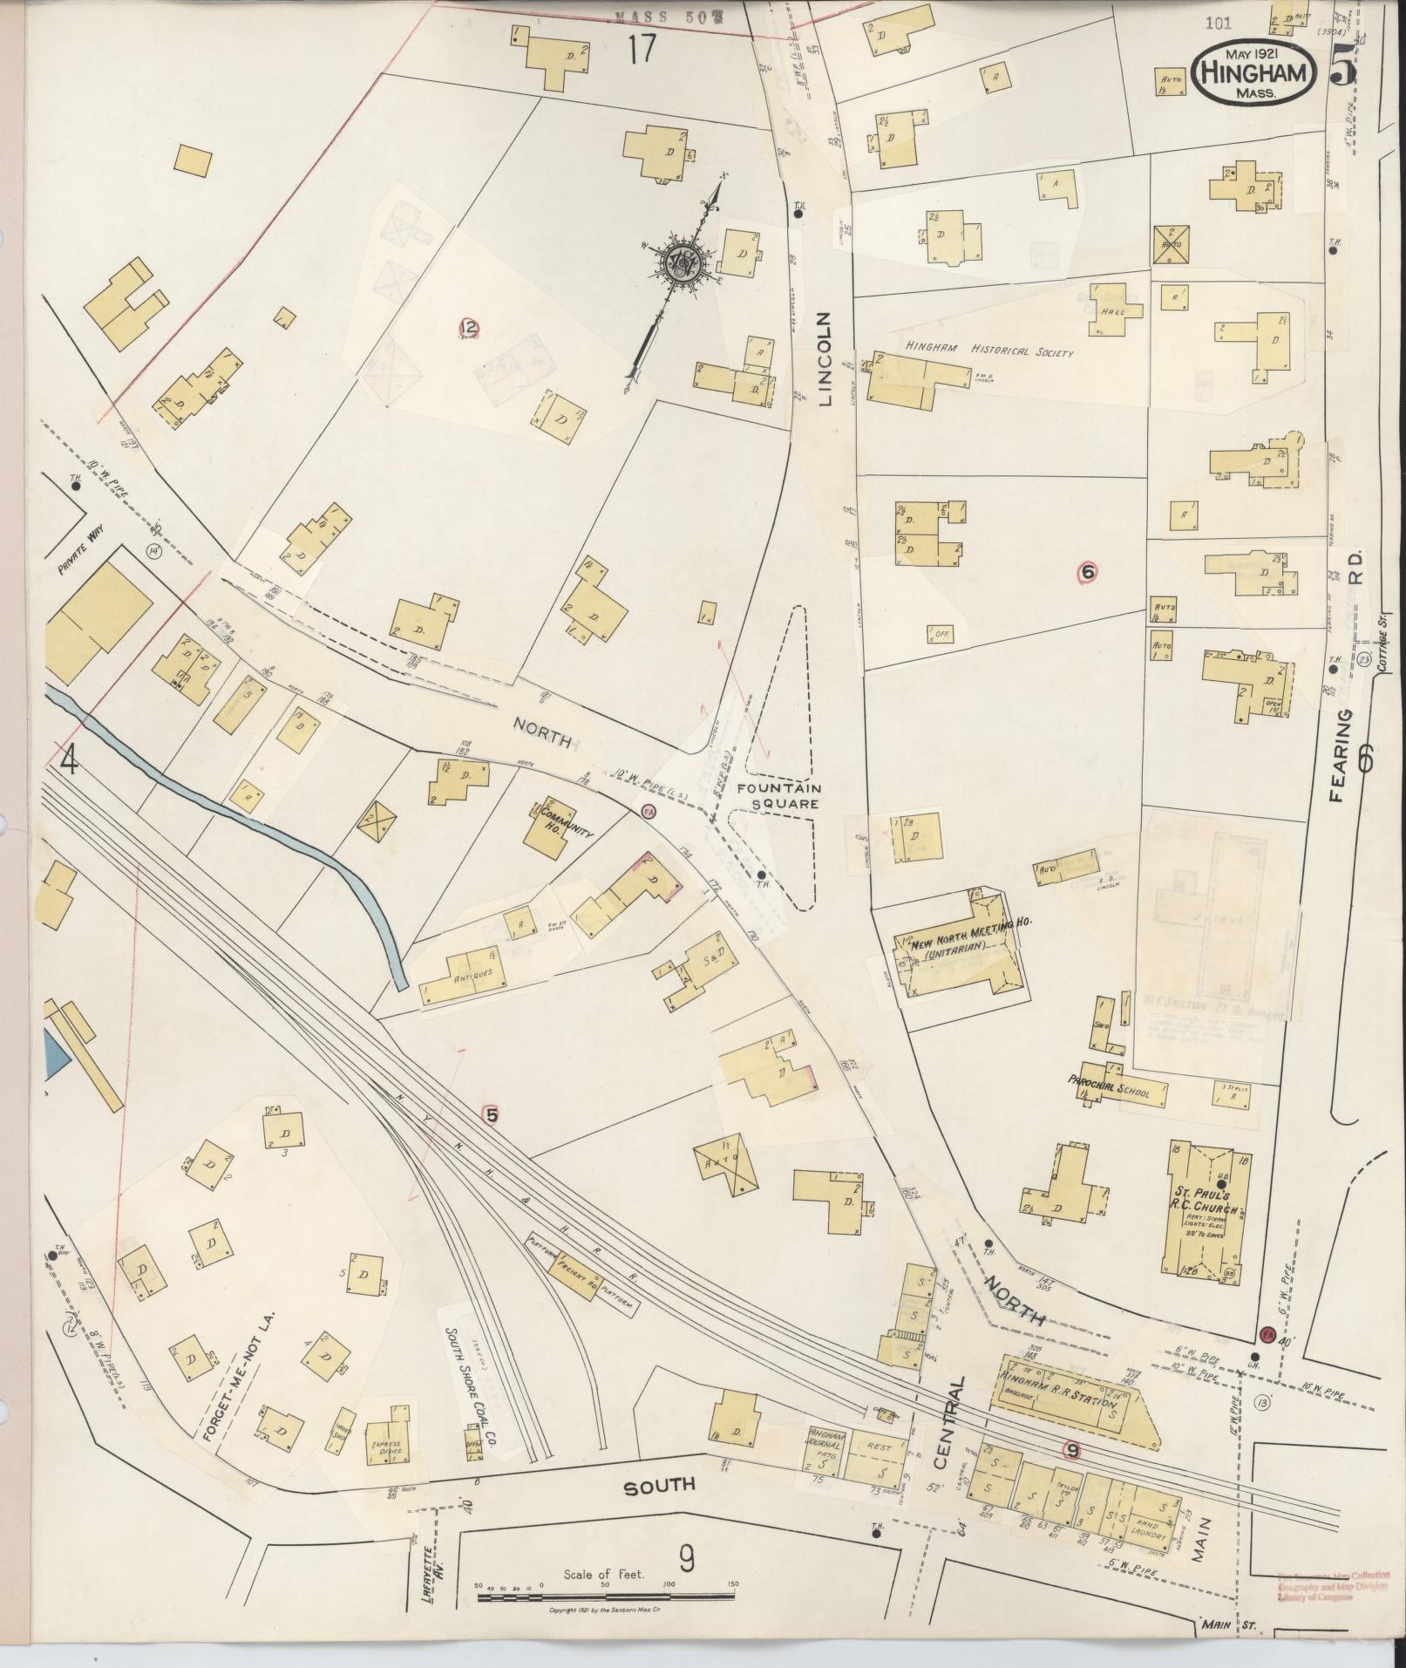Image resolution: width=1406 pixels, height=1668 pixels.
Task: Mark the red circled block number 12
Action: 470,328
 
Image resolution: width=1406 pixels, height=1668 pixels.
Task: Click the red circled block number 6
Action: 1086,572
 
